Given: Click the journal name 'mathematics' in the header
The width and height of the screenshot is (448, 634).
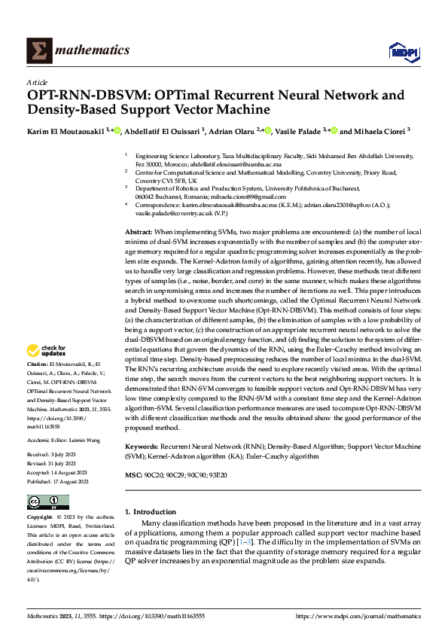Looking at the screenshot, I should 96,50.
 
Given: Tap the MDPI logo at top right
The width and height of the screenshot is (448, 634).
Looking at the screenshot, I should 403,50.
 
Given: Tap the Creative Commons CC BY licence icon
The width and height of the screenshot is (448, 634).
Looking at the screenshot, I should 48,502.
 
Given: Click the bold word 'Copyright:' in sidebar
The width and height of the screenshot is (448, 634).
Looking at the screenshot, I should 41,517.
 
